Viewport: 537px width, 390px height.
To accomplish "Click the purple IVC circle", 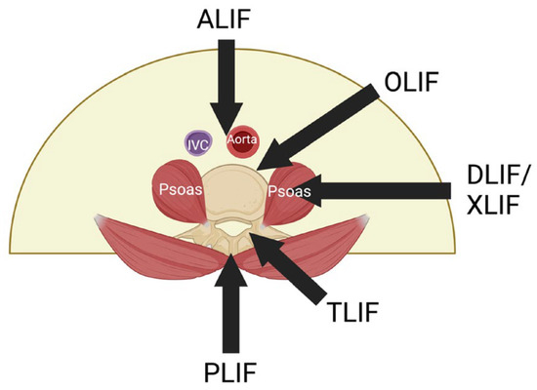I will [199, 143].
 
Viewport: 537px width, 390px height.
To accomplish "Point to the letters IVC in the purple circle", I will [199, 143].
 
